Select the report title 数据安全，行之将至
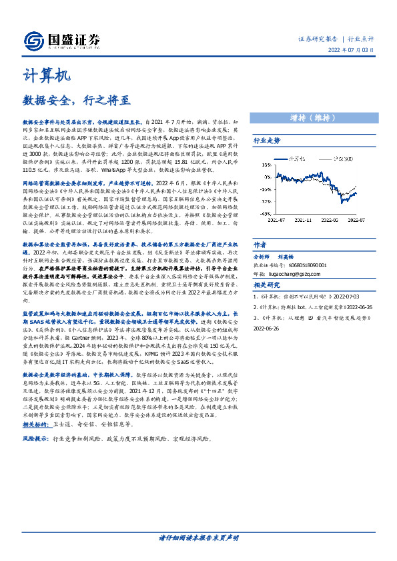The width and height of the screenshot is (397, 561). click(77, 101)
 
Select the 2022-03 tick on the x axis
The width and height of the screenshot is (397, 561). click(332, 218)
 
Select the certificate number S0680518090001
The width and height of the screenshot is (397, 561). click(307, 264)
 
